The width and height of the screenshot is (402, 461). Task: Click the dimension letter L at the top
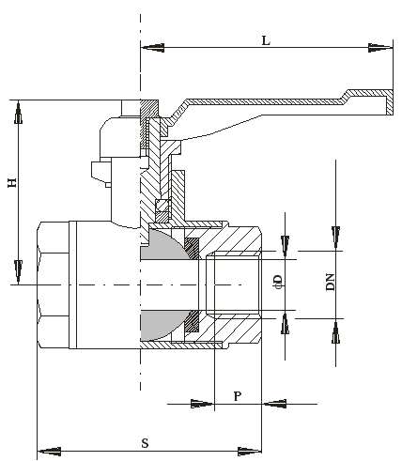266,40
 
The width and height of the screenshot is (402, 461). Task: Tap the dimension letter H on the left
12,183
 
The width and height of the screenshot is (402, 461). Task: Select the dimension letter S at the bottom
145,443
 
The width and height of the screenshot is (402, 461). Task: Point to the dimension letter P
238,396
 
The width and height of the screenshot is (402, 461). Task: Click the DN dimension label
331,282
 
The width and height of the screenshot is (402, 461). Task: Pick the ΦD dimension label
278,282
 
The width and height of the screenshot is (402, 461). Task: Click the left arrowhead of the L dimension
152,48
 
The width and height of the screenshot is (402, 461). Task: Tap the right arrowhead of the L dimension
380,48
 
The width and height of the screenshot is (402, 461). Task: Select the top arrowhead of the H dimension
19,113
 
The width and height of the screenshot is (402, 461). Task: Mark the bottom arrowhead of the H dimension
19,271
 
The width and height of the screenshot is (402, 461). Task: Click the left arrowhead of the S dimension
50,452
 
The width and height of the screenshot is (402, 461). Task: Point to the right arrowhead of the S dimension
250,452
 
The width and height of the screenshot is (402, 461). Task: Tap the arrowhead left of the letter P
203,404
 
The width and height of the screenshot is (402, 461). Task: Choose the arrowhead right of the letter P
274,404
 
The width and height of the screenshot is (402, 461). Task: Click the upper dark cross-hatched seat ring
193,248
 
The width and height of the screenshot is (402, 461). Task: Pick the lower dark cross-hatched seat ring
193,321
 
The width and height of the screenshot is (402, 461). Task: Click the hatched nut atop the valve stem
149,109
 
